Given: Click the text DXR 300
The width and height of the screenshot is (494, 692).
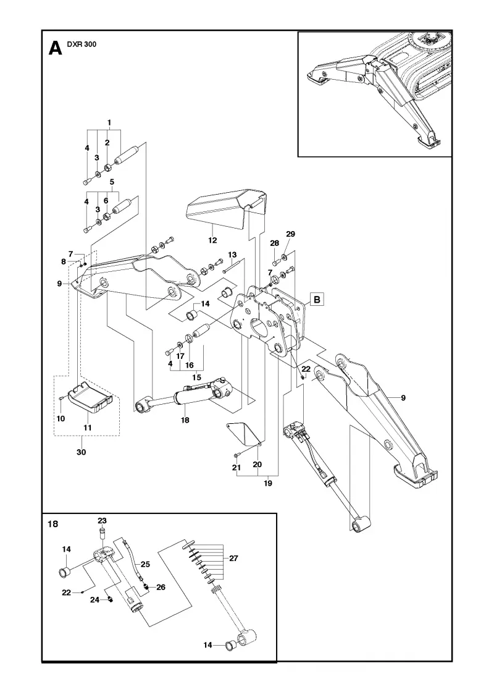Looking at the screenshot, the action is tap(81, 44).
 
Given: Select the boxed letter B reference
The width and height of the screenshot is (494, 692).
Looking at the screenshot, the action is tap(317, 299).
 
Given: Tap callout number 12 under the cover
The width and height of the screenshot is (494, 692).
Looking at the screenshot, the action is tap(212, 240).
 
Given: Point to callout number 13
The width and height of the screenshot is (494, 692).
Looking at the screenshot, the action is tap(232, 255).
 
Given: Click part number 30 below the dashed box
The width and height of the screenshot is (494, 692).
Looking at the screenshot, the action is tap(82, 452).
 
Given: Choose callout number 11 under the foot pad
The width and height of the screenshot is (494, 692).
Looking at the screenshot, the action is tap(87, 427).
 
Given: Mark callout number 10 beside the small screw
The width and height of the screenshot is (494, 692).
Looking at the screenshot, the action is tap(61, 418).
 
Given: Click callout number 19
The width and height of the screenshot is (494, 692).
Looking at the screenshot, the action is tap(268, 483).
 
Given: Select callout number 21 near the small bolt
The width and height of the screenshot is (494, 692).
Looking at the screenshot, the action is tap(237, 468).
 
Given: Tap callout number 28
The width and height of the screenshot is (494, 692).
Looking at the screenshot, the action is tap(275, 243).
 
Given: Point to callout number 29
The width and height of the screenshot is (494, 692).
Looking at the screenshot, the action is tap(290, 234).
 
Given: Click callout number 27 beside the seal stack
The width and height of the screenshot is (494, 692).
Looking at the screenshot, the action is tap(234, 559).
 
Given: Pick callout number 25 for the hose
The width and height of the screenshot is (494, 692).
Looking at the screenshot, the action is tap(145, 564).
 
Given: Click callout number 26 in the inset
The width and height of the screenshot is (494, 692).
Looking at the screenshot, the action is tap(161, 588).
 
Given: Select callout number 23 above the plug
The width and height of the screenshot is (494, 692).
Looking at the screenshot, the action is tap(103, 521).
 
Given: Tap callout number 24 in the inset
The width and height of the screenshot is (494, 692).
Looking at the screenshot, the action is tap(95, 600).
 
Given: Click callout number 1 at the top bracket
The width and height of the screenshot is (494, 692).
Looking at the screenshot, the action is tap(109, 123).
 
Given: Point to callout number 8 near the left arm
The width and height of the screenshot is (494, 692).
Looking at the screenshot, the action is tap(64, 262).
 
